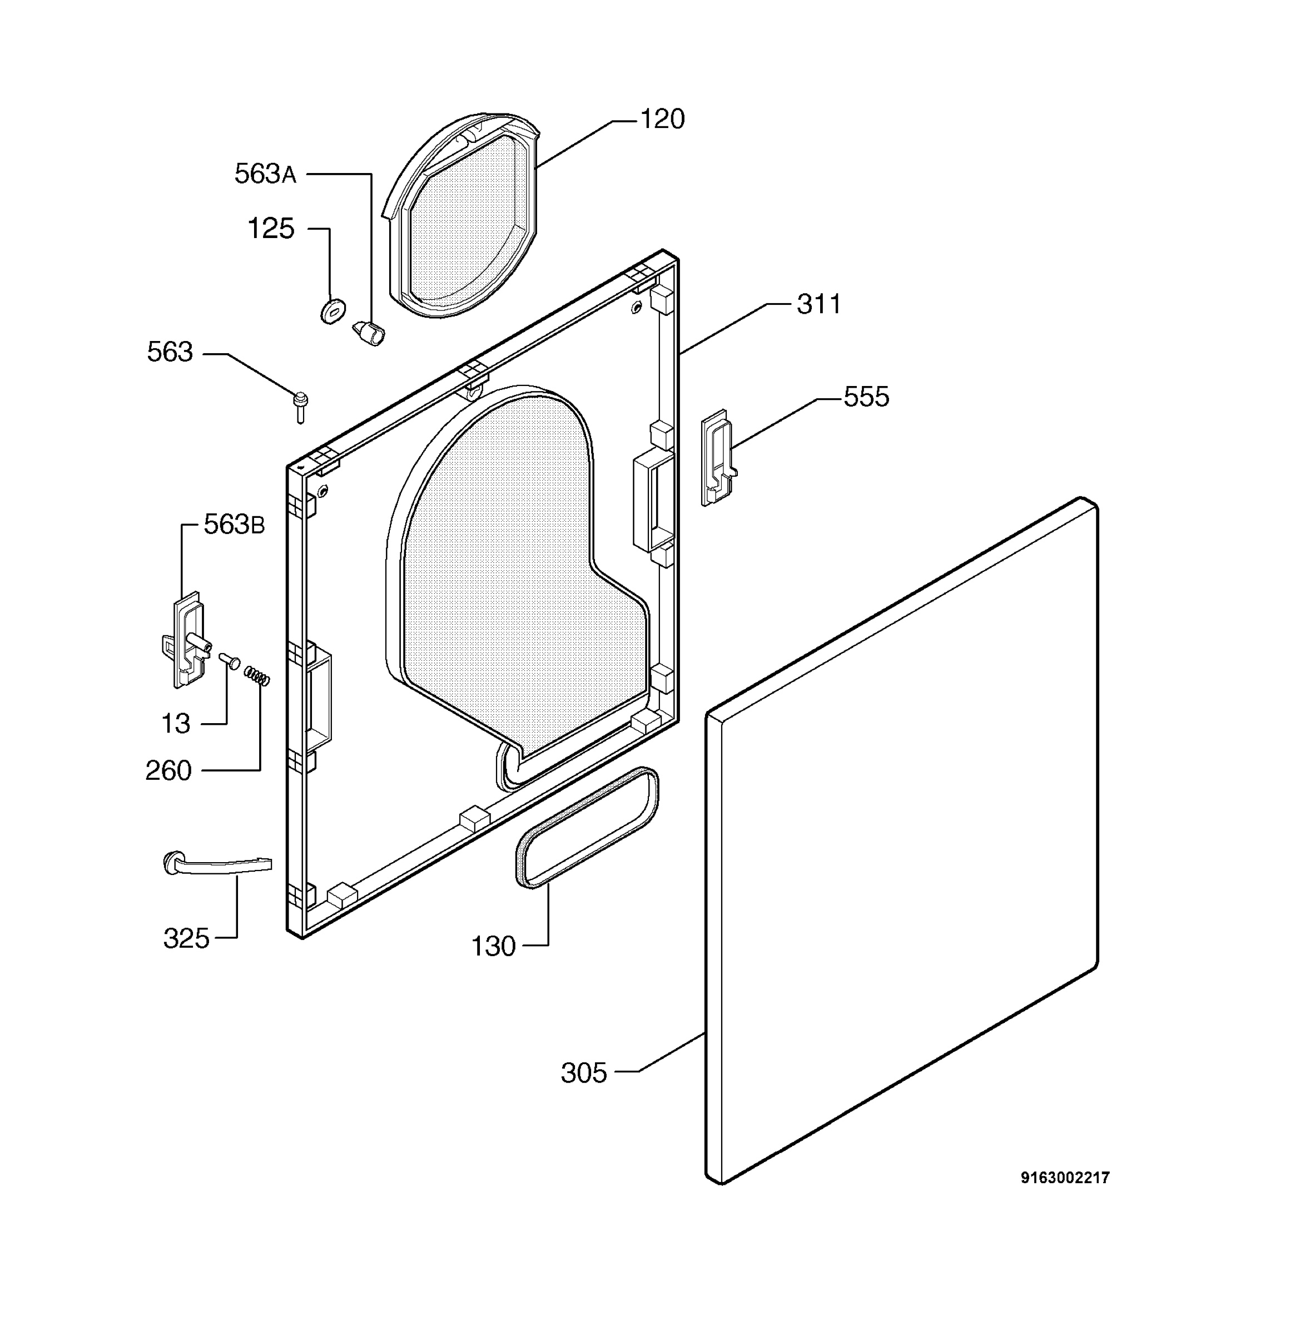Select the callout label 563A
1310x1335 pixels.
tap(266, 174)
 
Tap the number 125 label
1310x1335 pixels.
tap(271, 229)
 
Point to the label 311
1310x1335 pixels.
tap(818, 304)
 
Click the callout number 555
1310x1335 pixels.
tap(866, 397)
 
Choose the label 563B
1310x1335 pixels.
tap(234, 525)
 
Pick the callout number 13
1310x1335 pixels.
tap(176, 723)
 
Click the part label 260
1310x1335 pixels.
tap(168, 770)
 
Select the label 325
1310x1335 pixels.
tap(186, 938)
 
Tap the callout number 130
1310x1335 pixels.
tap(493, 946)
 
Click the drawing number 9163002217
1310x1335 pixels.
tap(1065, 1178)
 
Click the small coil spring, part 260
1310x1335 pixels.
tap(257, 676)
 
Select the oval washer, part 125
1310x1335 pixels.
tap(333, 311)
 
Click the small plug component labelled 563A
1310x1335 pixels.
tap(369, 333)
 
